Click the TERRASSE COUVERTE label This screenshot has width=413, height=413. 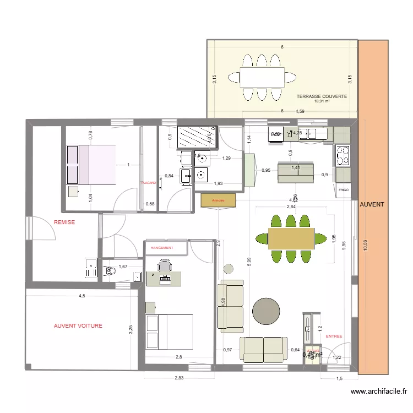(322, 96)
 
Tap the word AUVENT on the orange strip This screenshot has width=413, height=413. (372, 204)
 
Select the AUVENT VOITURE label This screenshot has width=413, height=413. (78, 325)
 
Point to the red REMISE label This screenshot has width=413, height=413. (64, 222)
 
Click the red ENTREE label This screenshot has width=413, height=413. (334, 336)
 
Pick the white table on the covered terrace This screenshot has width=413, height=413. (262, 77)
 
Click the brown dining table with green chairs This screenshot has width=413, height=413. (291, 238)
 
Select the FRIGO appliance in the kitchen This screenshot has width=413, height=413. (344, 190)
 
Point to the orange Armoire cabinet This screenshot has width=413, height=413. (219, 200)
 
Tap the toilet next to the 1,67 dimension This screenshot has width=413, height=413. (110, 270)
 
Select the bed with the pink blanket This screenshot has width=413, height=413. (91, 165)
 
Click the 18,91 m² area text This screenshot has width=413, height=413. (322, 102)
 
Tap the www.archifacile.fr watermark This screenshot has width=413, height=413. (378, 392)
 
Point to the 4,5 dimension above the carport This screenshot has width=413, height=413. (81, 296)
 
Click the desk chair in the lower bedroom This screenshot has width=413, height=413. (164, 267)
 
